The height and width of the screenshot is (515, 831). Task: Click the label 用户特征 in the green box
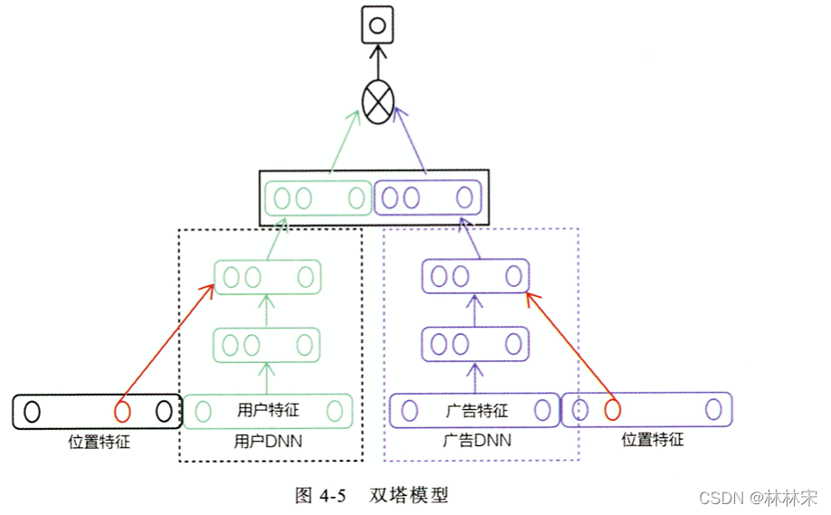coord(267,411)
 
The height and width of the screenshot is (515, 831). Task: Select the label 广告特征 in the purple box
coord(477,411)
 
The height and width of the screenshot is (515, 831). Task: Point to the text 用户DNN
coord(267,443)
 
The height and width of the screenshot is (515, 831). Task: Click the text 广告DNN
coord(477,442)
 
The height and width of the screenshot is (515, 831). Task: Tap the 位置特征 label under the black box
coord(100,443)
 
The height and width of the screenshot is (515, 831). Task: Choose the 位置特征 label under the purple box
coord(653,440)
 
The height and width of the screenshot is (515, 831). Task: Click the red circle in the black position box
coord(122,412)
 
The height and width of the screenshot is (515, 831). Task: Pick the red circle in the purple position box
coord(612,410)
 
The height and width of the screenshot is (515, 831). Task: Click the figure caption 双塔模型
coord(409,495)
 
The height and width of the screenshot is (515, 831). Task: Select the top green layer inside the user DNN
coord(267,277)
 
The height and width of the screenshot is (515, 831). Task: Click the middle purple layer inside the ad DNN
coord(475,343)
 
